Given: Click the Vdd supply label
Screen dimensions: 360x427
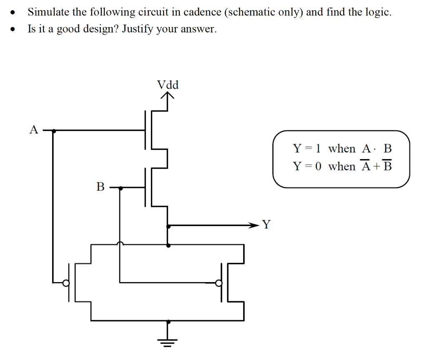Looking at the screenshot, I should pos(168,85).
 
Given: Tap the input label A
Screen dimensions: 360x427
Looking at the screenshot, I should pos(34,130).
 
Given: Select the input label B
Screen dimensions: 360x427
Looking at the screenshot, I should pos(100,187).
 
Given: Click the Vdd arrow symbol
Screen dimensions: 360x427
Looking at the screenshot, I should pos(168,97).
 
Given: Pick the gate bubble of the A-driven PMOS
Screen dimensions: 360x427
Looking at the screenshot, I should pos(65,283).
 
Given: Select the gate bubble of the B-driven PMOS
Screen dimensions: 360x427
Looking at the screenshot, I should pos(218,283).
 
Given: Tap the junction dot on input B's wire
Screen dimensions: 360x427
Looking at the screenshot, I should pos(121,188).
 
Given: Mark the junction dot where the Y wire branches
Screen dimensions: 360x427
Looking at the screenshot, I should pos(168,226).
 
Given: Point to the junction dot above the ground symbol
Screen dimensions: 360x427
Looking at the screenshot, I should pos(168,321).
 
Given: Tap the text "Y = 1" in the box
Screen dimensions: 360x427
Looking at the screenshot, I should pos(307,148).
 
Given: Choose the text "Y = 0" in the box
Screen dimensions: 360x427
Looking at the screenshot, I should pos(307,166).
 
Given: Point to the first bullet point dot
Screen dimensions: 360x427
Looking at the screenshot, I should pos(15,12).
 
